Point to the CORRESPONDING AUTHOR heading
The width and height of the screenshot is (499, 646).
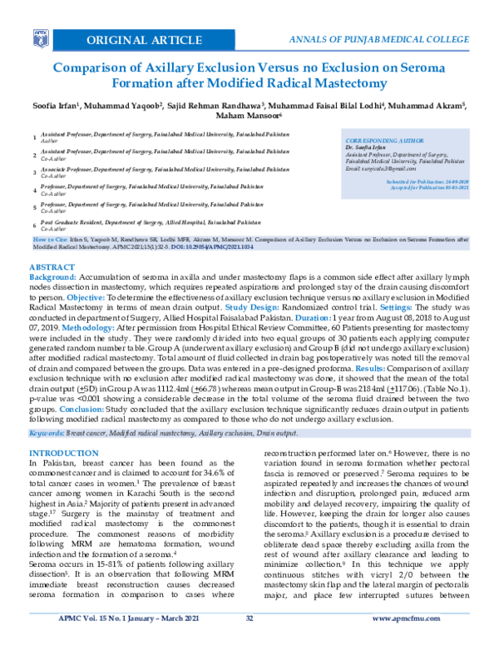(383, 142)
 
